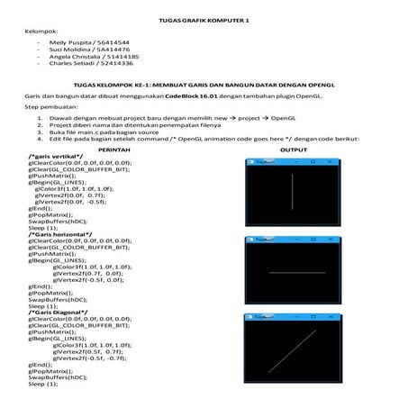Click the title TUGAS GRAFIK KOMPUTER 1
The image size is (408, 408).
203,19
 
